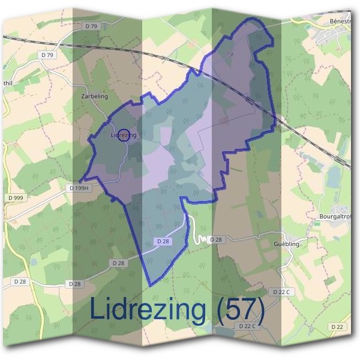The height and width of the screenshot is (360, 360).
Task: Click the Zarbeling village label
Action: coord(94,96)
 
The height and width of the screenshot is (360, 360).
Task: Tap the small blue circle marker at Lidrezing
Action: coord(124,135)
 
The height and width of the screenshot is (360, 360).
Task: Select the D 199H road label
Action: coord(79,188)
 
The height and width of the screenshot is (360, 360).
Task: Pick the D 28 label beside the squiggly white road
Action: coord(215,239)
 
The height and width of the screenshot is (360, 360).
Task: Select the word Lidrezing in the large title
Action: coord(147,310)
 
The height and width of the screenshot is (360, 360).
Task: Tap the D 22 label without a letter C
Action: coord(337,326)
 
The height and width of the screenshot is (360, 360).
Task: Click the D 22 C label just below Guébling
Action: coord(281,292)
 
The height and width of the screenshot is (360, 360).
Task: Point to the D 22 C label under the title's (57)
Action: coord(247,326)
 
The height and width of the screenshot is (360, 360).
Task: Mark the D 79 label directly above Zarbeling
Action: coord(91,26)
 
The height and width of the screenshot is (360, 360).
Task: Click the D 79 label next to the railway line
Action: coord(50,55)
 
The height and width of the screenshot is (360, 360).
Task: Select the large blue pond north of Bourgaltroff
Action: coord(332,177)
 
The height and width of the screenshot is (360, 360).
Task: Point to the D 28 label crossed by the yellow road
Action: coord(20,281)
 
